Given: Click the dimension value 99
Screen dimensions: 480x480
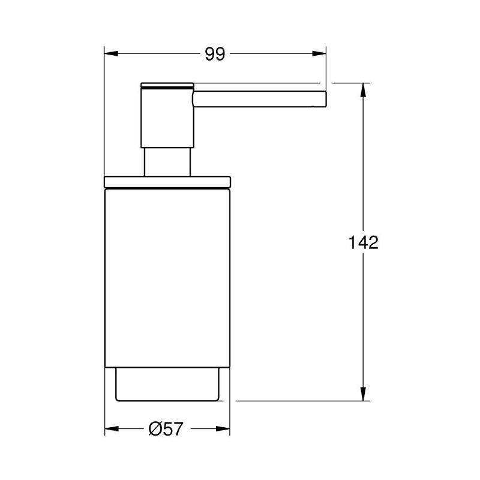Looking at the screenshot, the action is tap(215, 54).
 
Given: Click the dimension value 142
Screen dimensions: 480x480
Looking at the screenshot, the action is tap(364, 242).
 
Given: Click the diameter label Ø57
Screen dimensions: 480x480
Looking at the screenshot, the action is tap(166, 429).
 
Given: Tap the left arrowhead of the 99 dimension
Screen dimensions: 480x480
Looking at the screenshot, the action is tap(111, 53).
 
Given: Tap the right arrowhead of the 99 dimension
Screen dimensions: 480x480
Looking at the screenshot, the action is tap(319, 53).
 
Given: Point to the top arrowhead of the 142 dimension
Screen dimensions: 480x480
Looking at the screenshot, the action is tap(363, 90).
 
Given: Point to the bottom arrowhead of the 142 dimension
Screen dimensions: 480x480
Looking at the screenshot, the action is tap(363, 394).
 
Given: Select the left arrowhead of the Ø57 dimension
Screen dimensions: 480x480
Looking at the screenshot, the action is tap(112, 428).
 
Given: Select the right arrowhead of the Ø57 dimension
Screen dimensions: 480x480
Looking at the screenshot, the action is tap(223, 428).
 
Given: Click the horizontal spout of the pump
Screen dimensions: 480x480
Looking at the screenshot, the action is tap(260, 99).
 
